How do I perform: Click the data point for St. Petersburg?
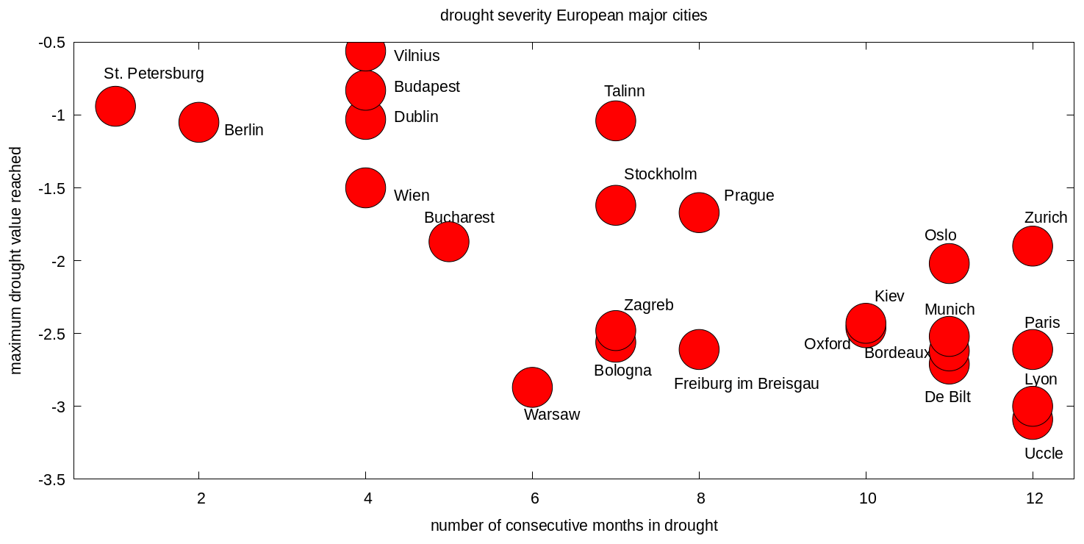coord(115,106)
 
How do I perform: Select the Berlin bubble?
coord(198,122)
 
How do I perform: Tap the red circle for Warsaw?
coord(532,387)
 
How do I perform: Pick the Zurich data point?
coord(1033,246)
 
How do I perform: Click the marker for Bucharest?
coord(448,241)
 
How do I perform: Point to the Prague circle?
coord(699,212)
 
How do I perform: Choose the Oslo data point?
coord(949,263)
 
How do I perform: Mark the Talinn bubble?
coord(615,121)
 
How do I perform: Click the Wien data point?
coord(365,187)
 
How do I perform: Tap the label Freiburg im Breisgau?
coord(746,384)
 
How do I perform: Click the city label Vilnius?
coord(417,56)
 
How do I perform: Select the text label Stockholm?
coord(660,174)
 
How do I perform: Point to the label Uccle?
coord(1043,454)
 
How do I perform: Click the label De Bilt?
coord(947,398)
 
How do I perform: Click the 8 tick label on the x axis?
coord(701,498)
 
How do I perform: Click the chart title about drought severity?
coord(573,15)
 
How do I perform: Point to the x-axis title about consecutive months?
coord(573,526)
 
